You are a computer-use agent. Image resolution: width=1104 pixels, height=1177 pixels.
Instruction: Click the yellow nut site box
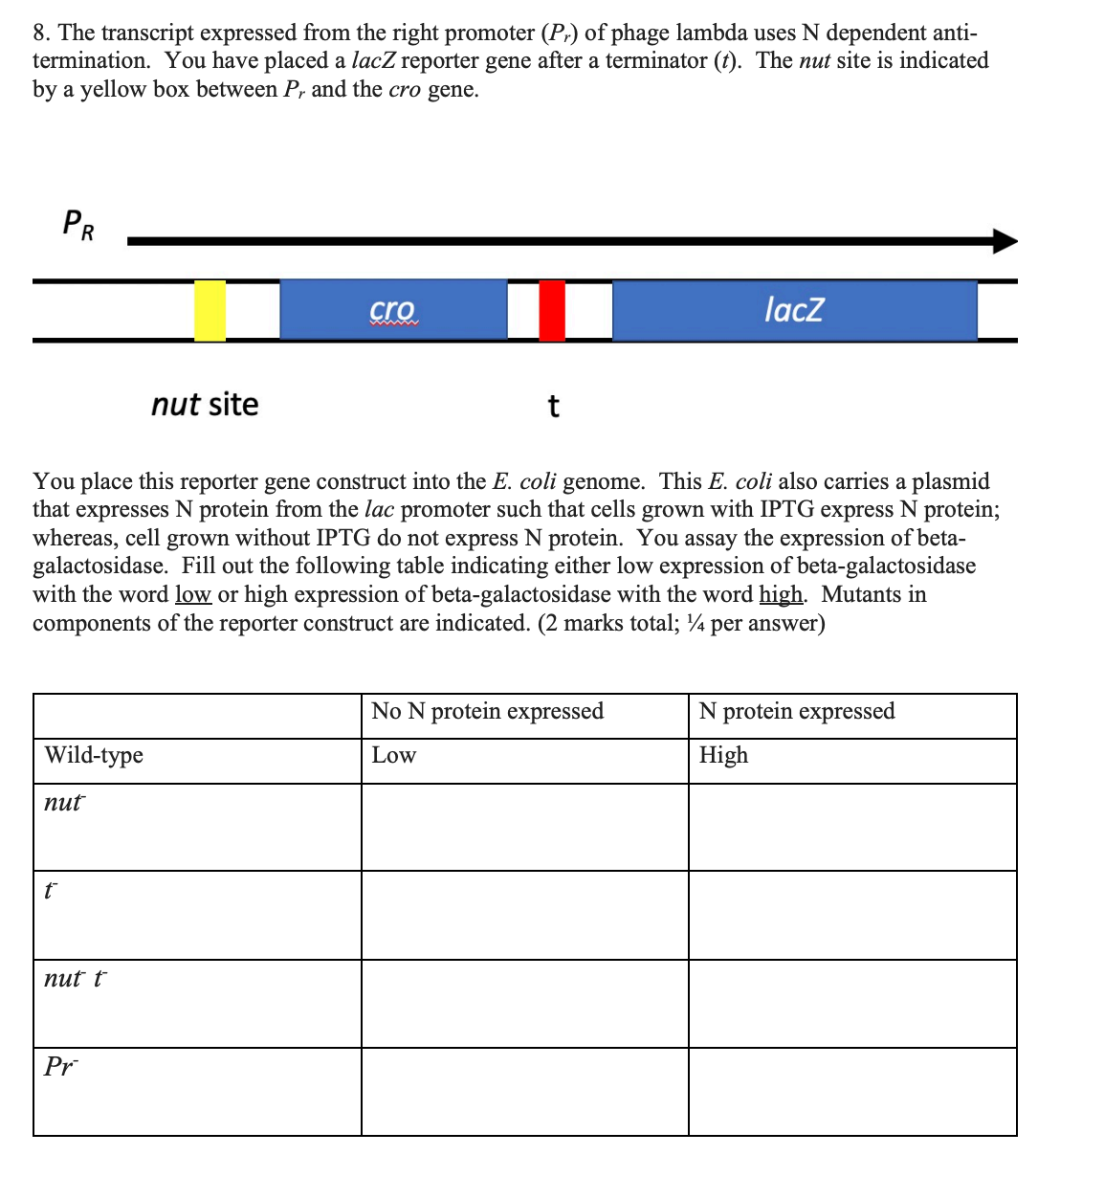[210, 310]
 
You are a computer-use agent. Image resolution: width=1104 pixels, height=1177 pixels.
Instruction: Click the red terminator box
[552, 310]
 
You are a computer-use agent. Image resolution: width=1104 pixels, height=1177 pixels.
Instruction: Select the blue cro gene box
[392, 310]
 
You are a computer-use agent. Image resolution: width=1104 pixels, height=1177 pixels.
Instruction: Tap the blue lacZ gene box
[794, 310]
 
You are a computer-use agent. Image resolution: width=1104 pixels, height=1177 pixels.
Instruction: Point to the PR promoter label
[78, 226]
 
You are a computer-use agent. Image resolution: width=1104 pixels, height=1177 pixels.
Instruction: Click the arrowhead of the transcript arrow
[1005, 241]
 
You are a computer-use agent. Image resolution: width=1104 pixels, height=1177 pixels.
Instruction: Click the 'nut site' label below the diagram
[205, 405]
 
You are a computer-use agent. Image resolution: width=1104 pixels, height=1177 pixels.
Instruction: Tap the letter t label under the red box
[553, 407]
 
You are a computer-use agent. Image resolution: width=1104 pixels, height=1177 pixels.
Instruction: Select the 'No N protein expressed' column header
[487, 711]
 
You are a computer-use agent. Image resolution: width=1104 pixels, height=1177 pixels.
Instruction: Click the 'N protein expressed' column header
[797, 711]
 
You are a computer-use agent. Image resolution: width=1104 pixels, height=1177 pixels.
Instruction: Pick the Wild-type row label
[94, 755]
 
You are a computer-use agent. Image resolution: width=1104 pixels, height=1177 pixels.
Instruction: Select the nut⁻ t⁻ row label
[76, 978]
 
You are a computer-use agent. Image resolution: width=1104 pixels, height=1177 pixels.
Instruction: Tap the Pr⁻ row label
[61, 1066]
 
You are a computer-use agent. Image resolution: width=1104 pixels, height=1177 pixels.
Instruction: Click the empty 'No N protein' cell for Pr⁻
[524, 1092]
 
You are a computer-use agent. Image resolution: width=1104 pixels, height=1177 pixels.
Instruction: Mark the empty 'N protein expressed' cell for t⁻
[851, 915]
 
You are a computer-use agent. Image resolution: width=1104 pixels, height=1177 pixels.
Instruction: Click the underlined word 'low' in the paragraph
[193, 594]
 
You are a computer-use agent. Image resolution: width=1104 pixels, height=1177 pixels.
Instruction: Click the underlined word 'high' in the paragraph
[781, 594]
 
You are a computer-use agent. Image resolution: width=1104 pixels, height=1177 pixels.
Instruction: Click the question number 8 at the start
[39, 33]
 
